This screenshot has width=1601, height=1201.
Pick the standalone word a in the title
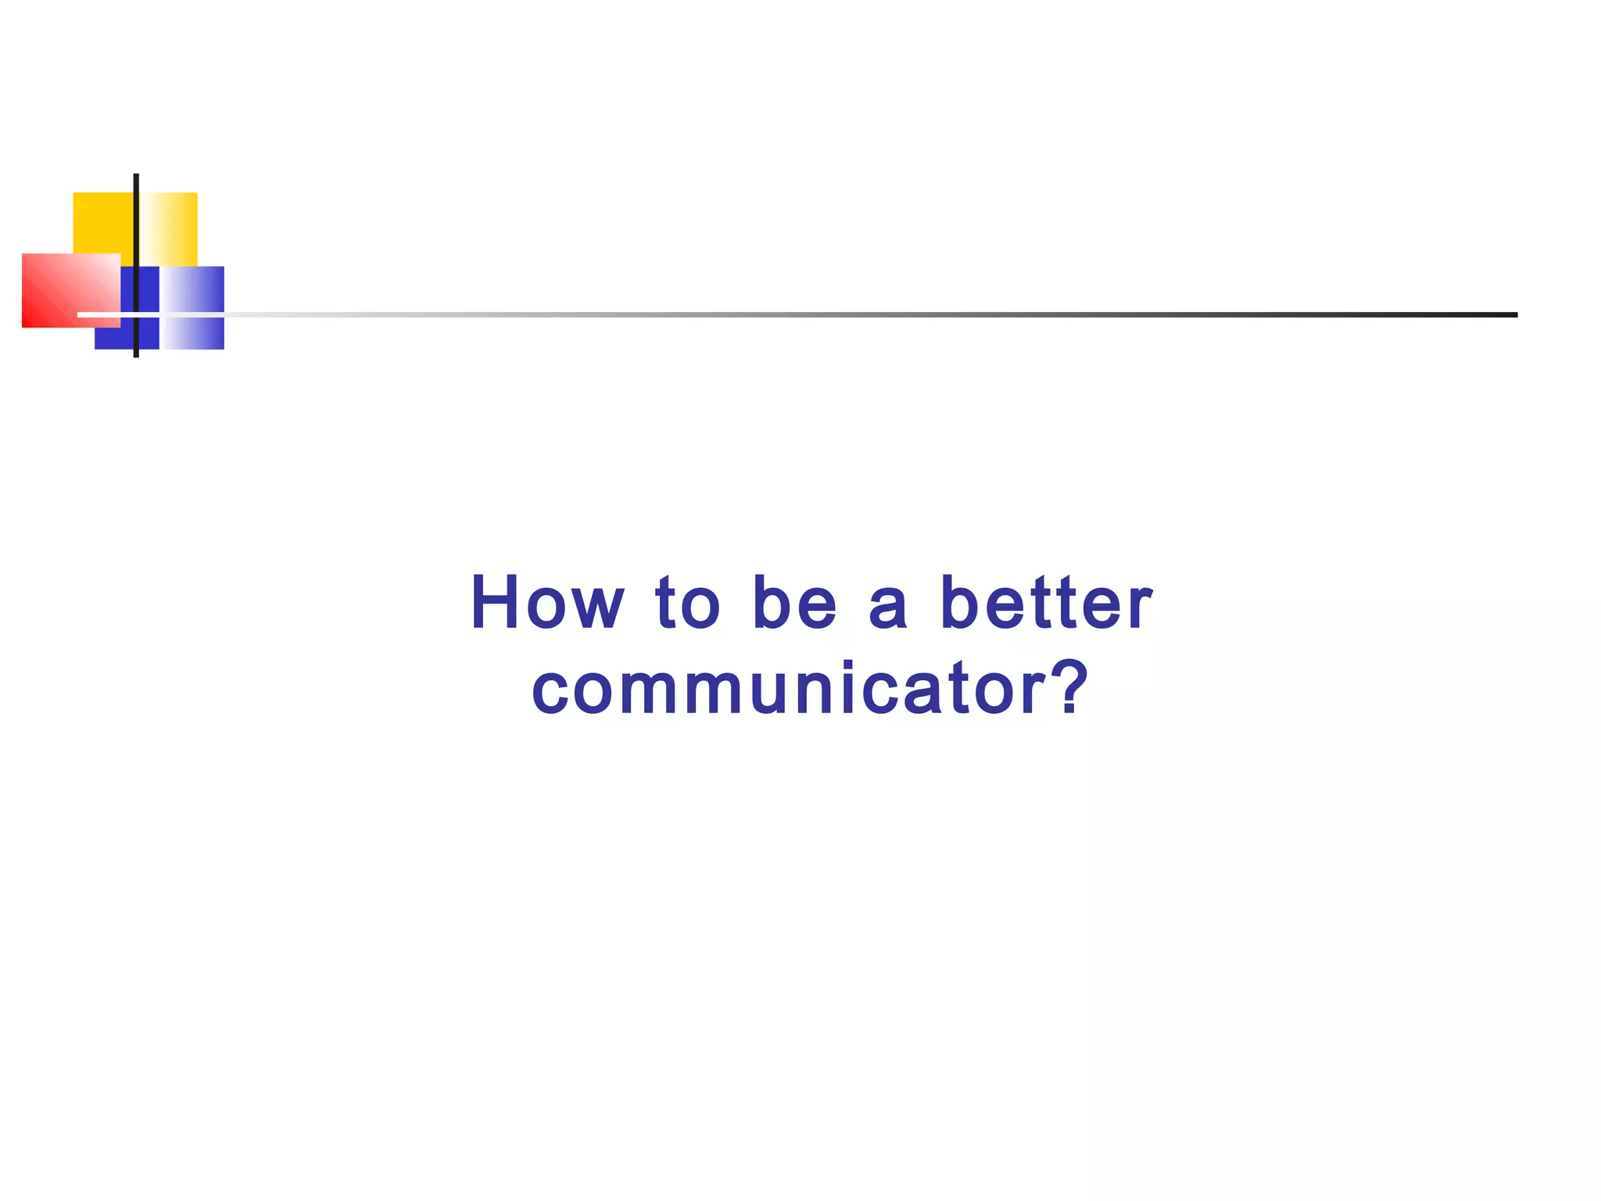pyautogui.click(x=888, y=607)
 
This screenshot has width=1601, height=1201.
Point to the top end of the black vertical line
pyautogui.click(x=136, y=177)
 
